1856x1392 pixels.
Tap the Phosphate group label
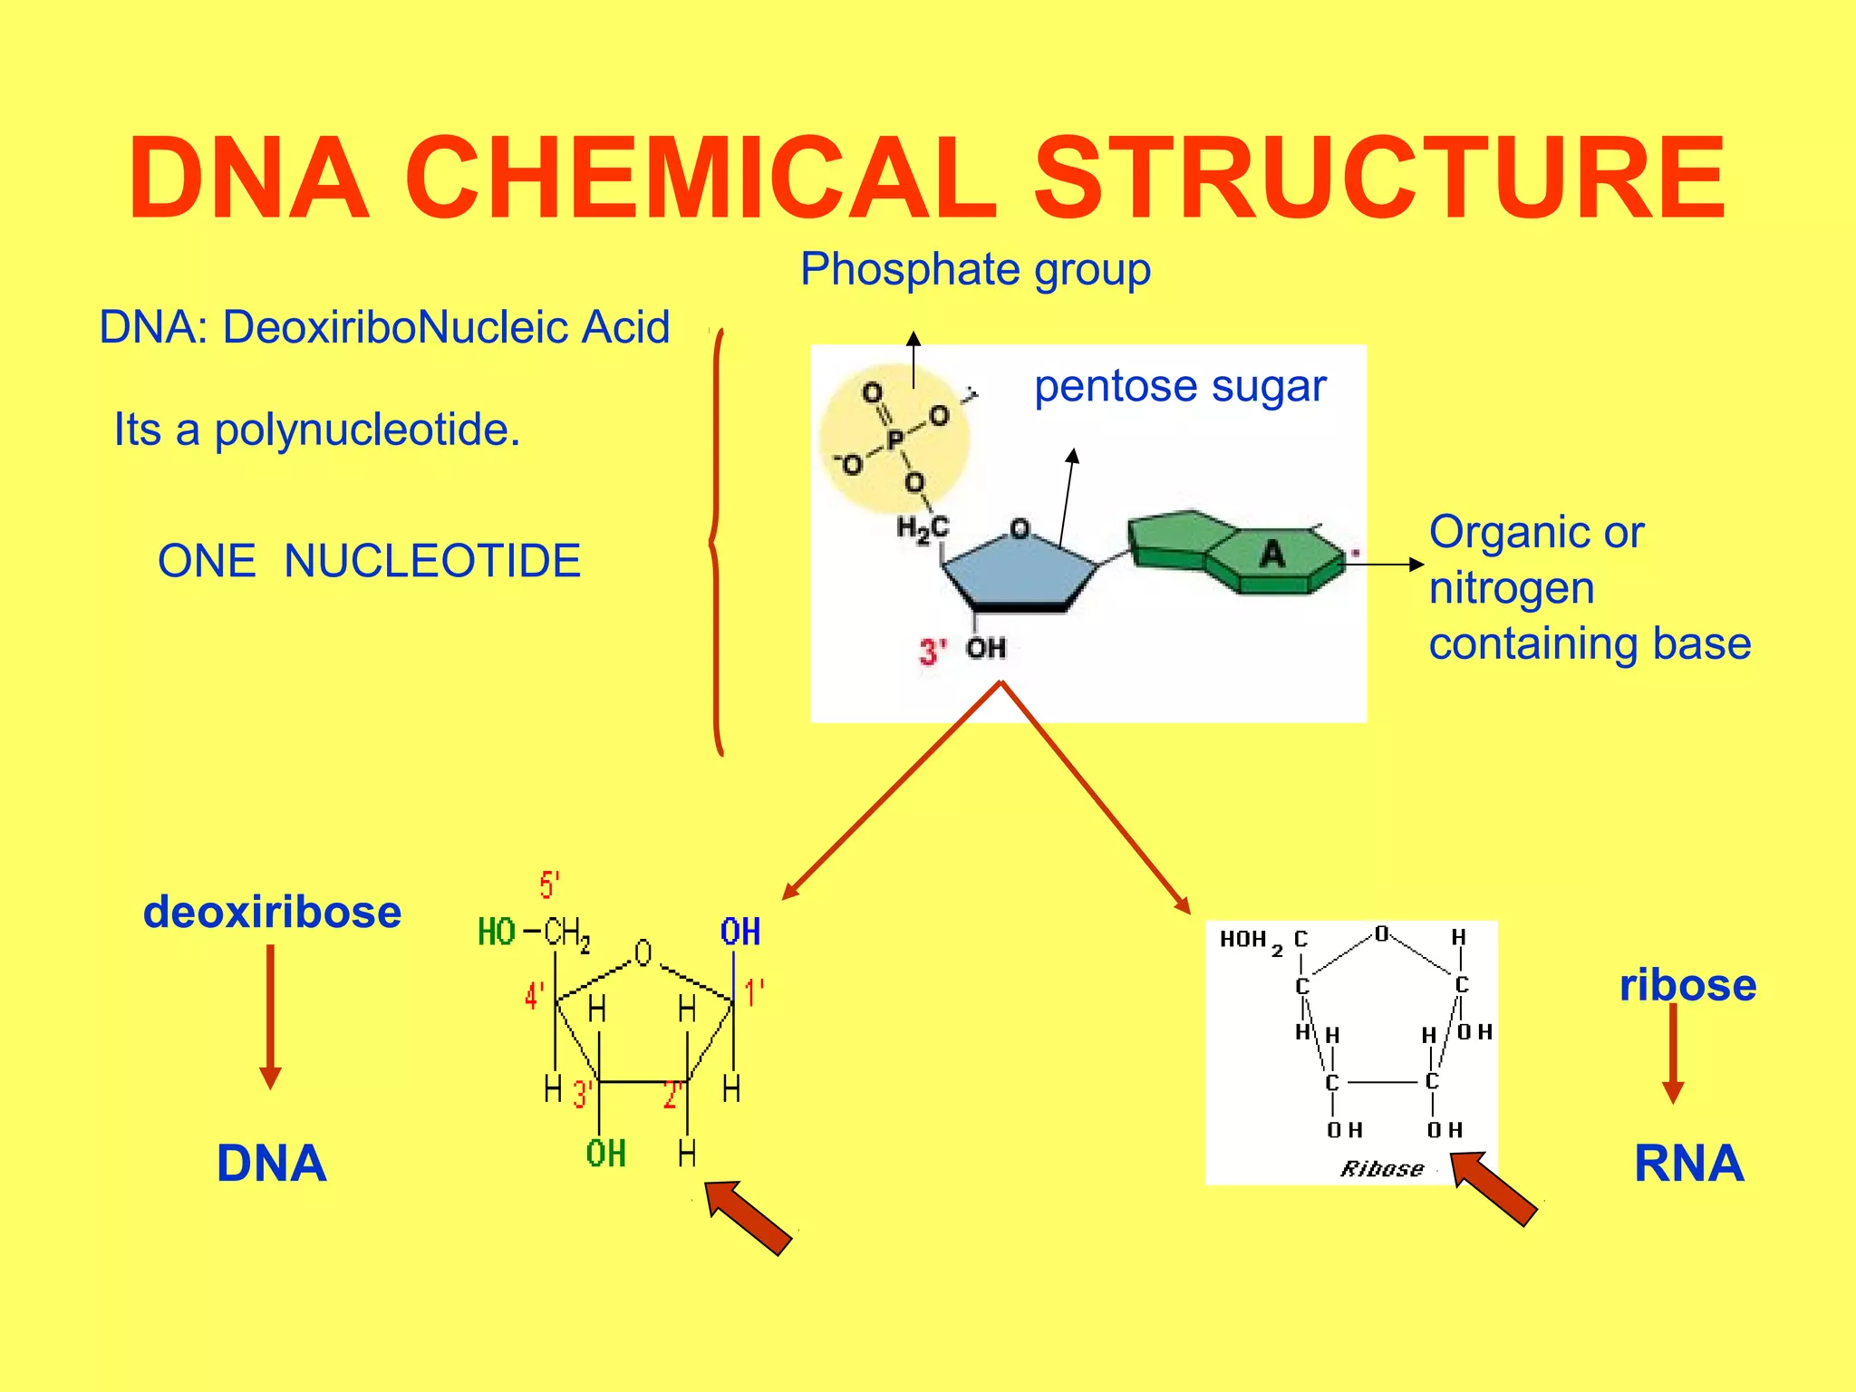coord(975,270)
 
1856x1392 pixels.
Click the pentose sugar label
coord(1180,386)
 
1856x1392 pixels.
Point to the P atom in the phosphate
coord(894,440)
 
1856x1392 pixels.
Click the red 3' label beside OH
coord(933,652)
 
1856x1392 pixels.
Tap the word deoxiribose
coord(272,912)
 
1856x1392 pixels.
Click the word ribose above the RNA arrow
coord(1687,985)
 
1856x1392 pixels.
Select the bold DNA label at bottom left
coord(271,1164)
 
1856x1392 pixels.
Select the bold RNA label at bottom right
coord(1688,1164)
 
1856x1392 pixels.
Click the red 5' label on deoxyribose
coord(549,885)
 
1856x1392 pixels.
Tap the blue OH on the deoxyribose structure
coord(739,933)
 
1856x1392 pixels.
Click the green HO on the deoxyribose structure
coord(496,933)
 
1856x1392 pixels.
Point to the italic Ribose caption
coord(1381,1169)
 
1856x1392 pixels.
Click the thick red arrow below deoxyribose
coord(749,1218)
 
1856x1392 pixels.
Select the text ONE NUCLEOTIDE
coord(369,561)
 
